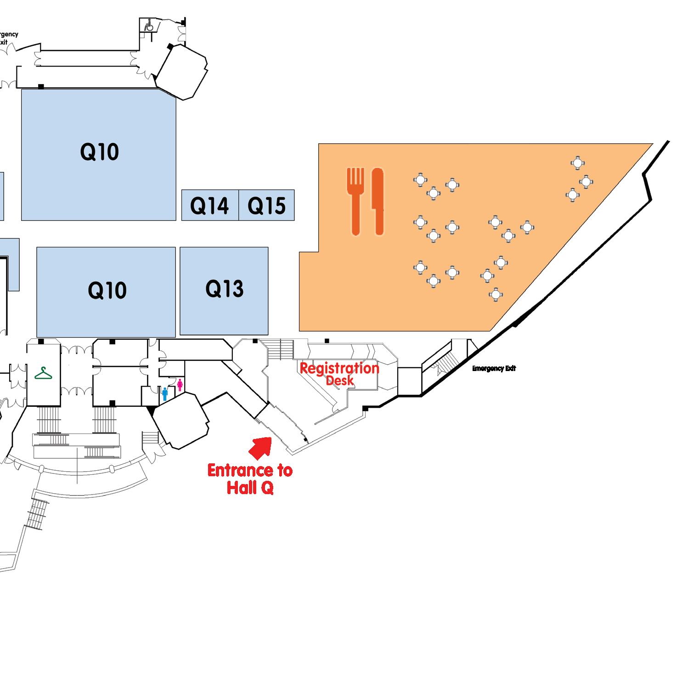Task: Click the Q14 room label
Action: point(209,206)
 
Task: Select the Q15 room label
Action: point(266,206)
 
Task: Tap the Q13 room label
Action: point(224,289)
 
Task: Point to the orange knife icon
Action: point(377,201)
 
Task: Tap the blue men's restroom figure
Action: point(165,394)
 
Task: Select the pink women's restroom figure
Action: point(180,385)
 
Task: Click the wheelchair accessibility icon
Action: point(149,26)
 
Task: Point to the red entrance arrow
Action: point(261,447)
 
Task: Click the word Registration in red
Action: point(339,368)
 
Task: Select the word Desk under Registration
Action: point(340,380)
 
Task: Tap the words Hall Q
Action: point(250,487)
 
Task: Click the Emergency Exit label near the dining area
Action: point(494,368)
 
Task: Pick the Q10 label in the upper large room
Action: point(99,152)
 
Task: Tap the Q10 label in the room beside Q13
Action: point(107,290)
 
